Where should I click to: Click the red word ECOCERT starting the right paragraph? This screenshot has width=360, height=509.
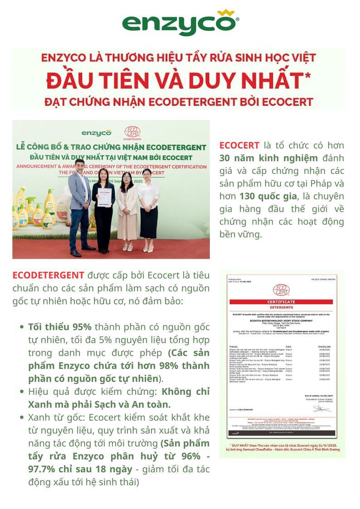(x=239, y=145)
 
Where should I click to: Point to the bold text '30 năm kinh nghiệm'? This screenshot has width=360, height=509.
(x=268, y=158)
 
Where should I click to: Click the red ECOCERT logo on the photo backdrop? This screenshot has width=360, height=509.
(x=132, y=132)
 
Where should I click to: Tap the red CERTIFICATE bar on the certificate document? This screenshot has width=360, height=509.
(x=281, y=301)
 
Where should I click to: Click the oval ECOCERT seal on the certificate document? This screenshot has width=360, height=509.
(x=281, y=290)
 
